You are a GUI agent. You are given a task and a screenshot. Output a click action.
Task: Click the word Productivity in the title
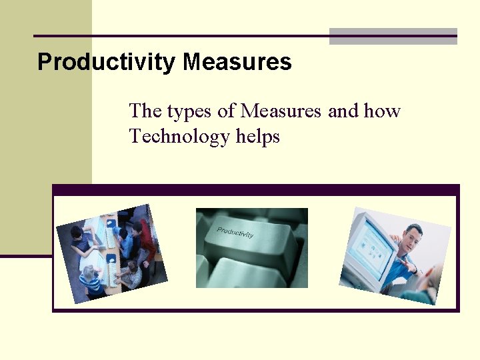click(107, 63)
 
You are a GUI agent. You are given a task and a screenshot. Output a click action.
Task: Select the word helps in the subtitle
click(258, 137)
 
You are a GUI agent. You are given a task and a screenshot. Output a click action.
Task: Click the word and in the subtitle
click(343, 111)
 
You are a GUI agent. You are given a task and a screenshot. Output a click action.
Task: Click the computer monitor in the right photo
click(371, 250)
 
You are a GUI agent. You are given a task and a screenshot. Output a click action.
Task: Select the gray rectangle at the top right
click(393, 37)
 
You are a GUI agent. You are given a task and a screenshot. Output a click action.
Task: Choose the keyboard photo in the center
click(251, 247)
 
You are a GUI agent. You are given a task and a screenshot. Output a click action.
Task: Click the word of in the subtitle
click(226, 111)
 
